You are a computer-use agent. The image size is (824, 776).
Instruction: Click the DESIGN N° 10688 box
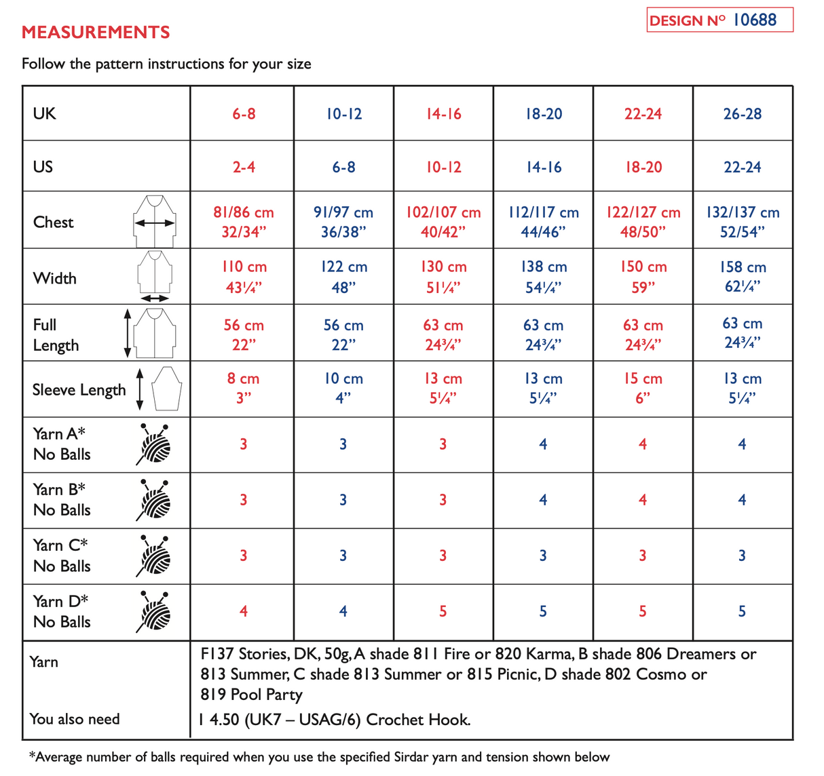(x=719, y=20)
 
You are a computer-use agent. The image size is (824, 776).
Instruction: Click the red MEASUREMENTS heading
(x=96, y=32)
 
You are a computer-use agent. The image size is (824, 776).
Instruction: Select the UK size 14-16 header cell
(x=444, y=114)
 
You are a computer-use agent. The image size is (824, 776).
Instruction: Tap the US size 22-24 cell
(x=743, y=167)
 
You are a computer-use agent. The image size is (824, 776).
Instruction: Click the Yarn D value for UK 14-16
(x=443, y=612)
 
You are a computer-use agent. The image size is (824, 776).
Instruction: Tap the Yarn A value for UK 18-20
(x=543, y=444)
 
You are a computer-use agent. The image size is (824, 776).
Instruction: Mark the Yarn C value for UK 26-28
(x=742, y=556)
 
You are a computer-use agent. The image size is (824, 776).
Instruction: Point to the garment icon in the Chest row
(x=155, y=221)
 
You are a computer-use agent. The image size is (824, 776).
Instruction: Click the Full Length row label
(x=56, y=335)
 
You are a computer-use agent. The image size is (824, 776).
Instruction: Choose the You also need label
(x=75, y=719)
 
